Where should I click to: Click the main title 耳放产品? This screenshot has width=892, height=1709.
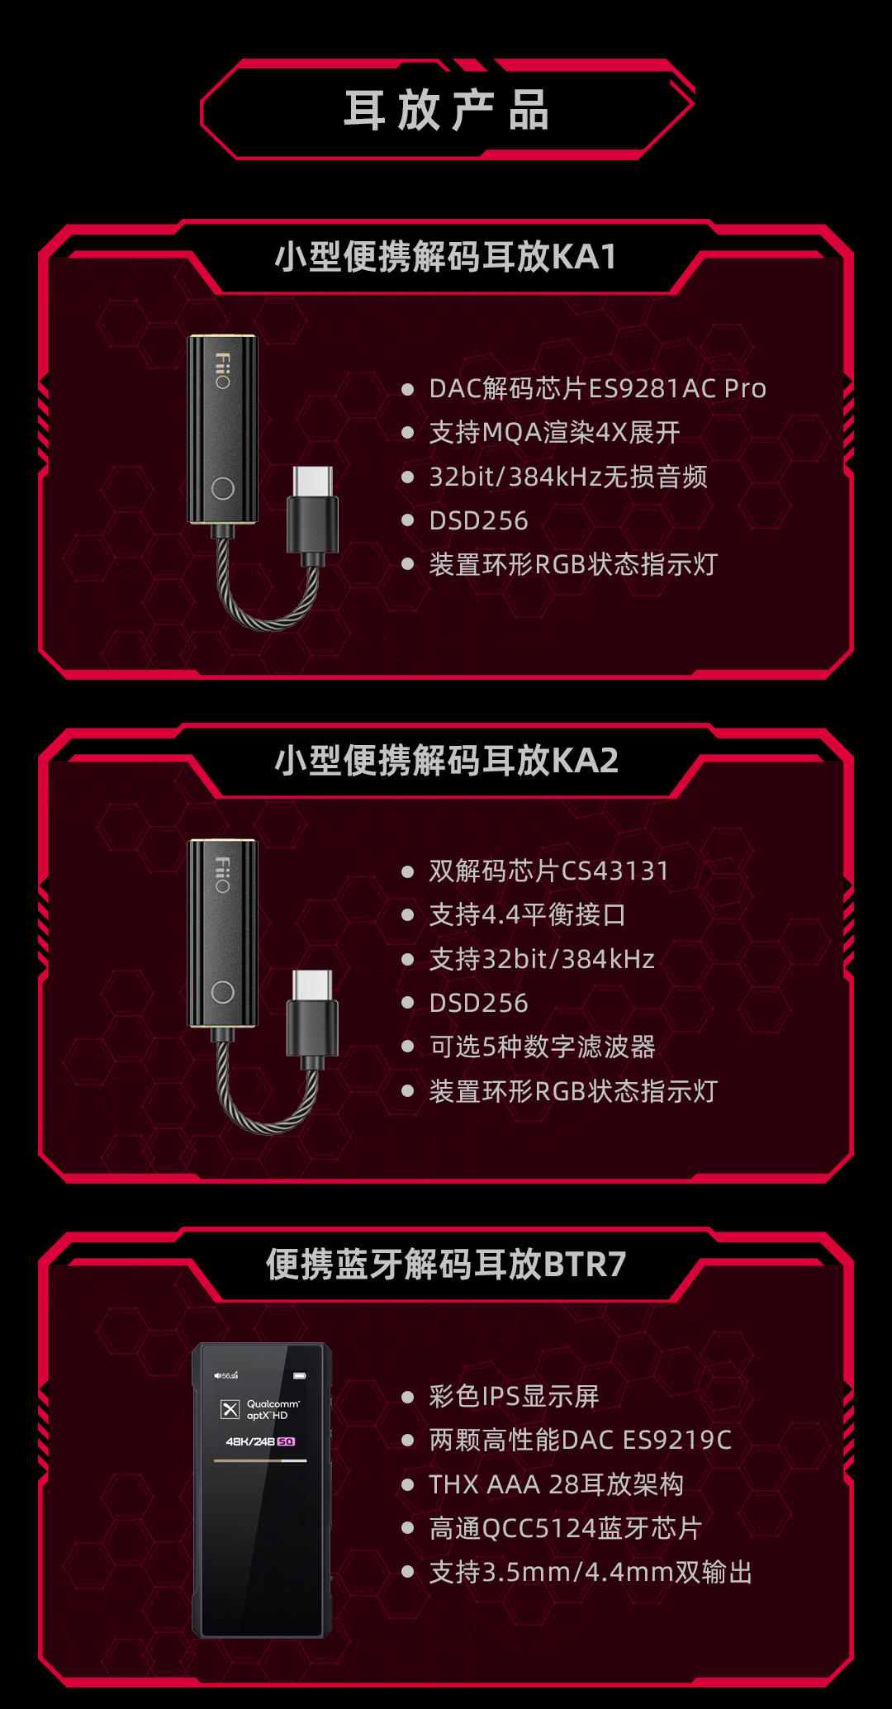click(x=446, y=110)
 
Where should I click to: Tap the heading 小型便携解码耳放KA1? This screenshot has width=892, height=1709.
click(x=446, y=257)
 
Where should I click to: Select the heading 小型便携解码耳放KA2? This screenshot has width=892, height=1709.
click(x=446, y=761)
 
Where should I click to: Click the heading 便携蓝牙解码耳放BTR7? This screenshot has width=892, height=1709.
click(x=446, y=1265)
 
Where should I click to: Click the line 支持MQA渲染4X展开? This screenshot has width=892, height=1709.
click(x=554, y=432)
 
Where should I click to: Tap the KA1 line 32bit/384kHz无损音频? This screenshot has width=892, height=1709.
click(x=568, y=477)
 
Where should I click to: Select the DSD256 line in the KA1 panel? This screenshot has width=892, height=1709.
click(x=478, y=520)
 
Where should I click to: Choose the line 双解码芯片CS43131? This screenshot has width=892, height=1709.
click(x=548, y=871)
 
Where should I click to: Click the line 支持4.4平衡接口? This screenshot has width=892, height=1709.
click(x=527, y=914)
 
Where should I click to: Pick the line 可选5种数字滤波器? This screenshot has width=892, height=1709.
click(x=542, y=1047)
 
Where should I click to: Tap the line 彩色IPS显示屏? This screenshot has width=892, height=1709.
click(x=514, y=1396)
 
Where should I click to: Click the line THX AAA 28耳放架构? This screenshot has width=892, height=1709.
click(x=556, y=1484)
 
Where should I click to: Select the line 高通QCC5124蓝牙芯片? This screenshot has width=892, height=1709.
click(x=565, y=1528)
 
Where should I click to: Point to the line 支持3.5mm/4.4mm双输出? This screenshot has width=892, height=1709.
click(x=591, y=1572)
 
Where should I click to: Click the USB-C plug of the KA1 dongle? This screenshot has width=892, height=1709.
click(x=313, y=515)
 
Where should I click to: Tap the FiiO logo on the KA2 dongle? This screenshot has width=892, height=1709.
click(x=223, y=875)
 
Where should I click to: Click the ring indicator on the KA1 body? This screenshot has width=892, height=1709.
click(x=223, y=488)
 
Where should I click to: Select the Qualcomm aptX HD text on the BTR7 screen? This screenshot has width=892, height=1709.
click(x=273, y=1409)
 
